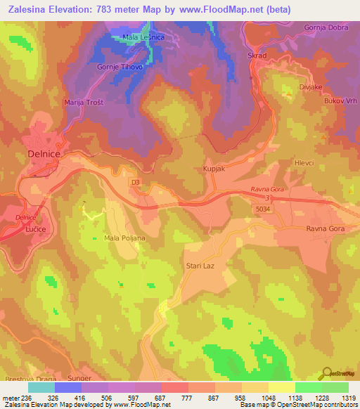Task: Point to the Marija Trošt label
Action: point(84,103)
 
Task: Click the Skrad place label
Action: point(255,53)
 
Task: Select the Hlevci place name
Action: point(304,162)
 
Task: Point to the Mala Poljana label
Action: point(124,238)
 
